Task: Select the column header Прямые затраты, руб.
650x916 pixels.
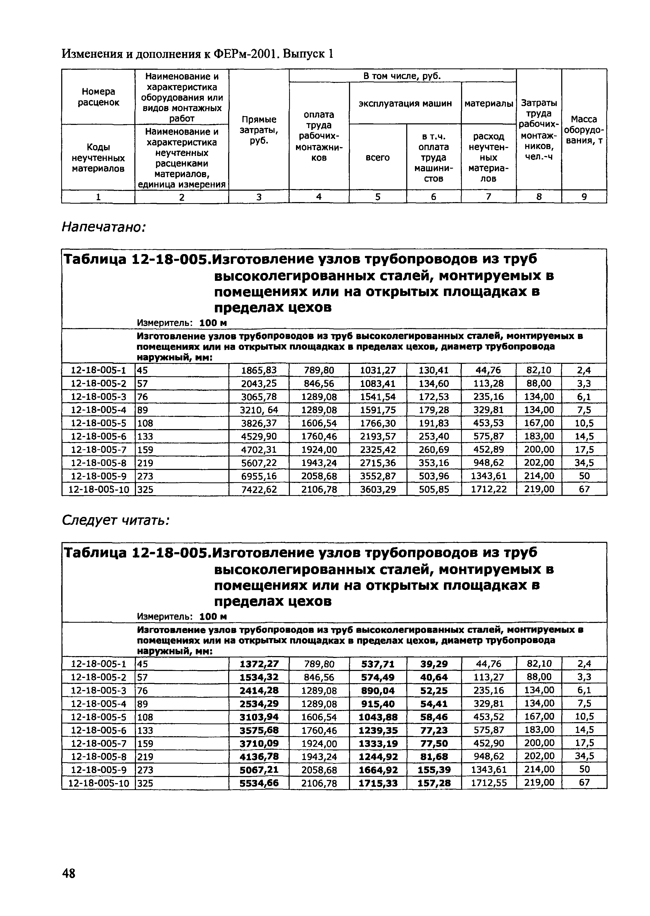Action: pos(259,130)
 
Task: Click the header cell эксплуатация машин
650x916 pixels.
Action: pos(405,103)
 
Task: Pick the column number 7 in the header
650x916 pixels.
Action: pos(488,197)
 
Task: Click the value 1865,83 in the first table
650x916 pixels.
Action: pos(259,370)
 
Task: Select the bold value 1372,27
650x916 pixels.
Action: pos(259,664)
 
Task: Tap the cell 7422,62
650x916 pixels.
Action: pos(259,489)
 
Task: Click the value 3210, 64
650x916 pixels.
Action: pos(259,410)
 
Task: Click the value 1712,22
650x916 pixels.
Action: pos(488,489)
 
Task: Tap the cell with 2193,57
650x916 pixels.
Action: pos(378,436)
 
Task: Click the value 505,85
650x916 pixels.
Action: pos(434,489)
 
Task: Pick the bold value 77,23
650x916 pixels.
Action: pos(434,730)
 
